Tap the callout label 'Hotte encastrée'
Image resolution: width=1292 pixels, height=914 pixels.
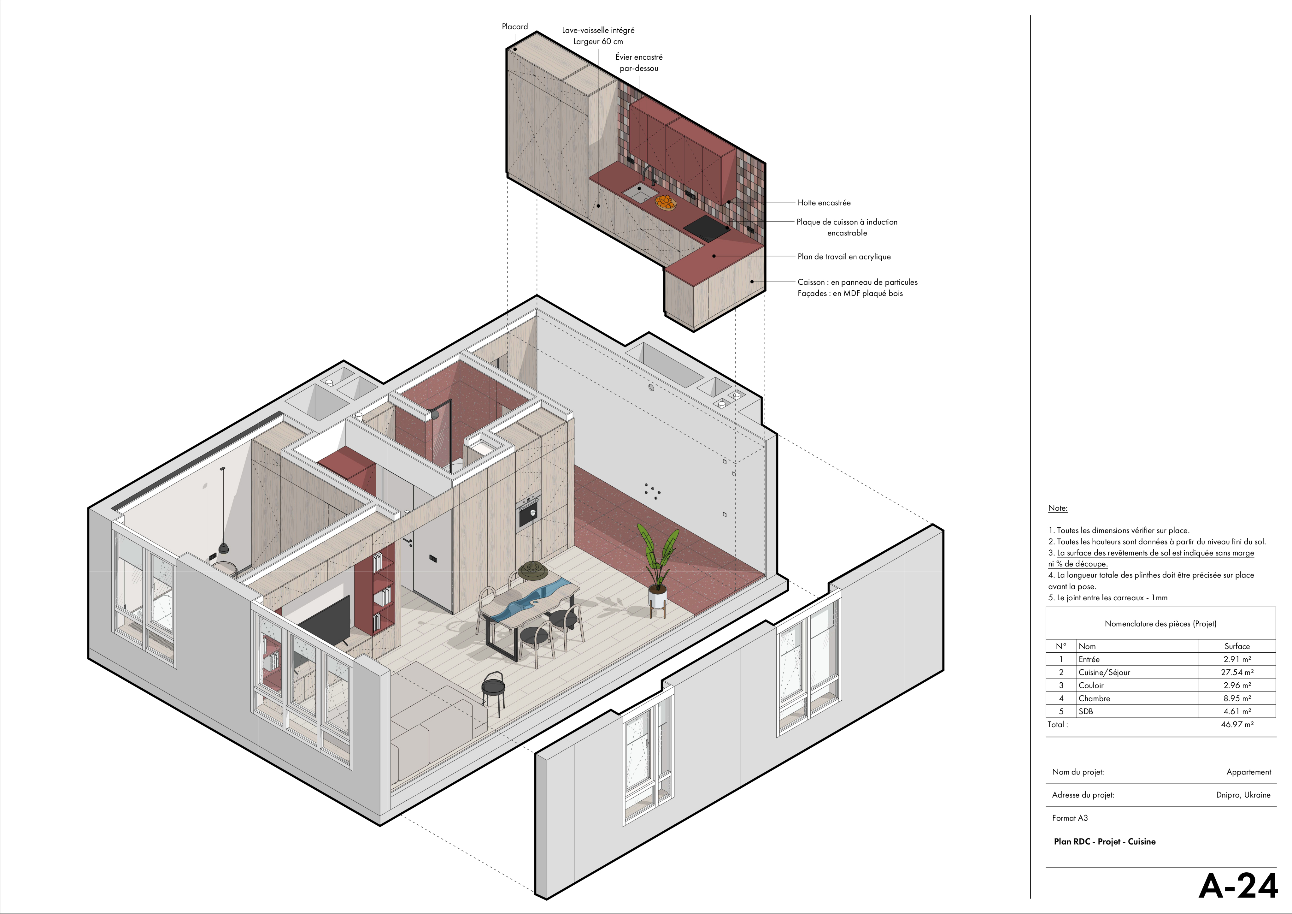824,203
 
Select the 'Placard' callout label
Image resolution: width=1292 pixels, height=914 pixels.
515,27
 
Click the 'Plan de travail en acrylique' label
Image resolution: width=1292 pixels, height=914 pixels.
844,257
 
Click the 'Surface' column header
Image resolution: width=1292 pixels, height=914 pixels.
1237,646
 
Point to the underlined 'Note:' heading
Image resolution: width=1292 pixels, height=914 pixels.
1057,508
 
